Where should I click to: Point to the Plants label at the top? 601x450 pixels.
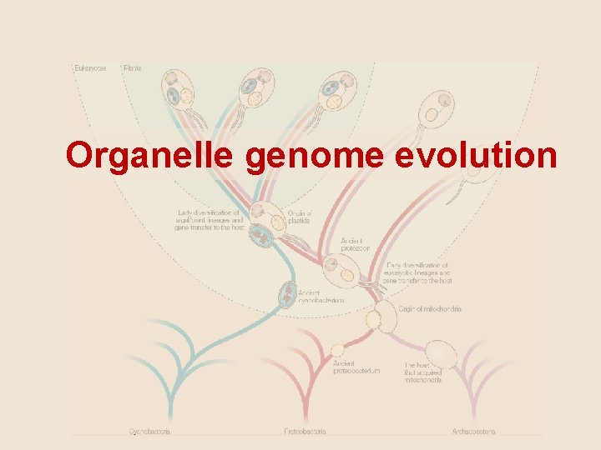[133, 67]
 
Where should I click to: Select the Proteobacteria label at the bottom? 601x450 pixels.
[305, 432]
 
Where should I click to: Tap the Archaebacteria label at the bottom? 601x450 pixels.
[472, 432]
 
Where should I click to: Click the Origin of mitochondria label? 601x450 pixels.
[430, 309]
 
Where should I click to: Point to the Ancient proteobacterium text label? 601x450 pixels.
[356, 367]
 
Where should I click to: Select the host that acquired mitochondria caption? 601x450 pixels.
[423, 372]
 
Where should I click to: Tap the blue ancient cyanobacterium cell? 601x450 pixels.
[286, 293]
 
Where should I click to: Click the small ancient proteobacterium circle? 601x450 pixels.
[337, 350]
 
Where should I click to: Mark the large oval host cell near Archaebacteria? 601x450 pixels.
[442, 355]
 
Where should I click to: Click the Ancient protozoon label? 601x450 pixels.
[355, 244]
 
